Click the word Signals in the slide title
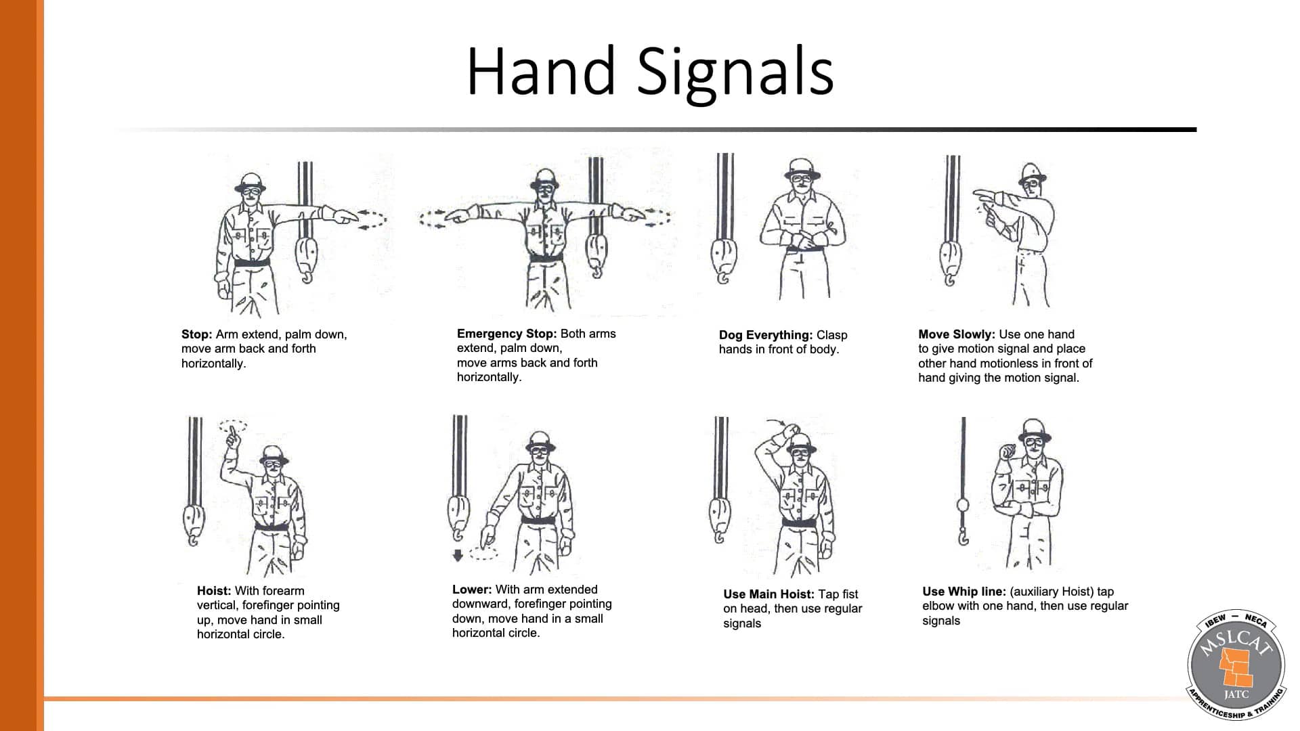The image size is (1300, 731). coord(735,71)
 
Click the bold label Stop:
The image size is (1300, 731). coord(196,334)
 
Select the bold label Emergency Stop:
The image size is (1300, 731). coord(506,334)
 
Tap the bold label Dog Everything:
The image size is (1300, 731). coord(765,335)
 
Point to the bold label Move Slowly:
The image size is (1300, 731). coord(956,334)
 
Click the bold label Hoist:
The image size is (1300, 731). coord(214,591)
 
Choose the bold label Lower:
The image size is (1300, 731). coord(472,590)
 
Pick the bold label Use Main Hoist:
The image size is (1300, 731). coord(768,594)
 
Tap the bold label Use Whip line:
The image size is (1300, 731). coord(963,592)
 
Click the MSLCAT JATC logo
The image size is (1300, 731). coord(1236,664)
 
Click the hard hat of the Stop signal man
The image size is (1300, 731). coord(251,181)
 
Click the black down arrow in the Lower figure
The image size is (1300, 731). coord(458,555)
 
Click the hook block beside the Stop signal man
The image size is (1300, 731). coord(307,259)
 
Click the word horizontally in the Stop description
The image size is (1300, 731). coord(213,363)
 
